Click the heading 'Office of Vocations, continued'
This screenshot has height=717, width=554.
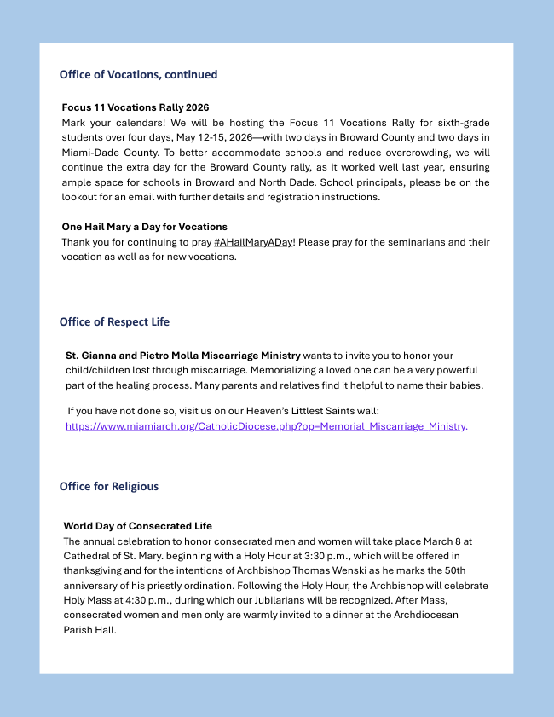coord(138,75)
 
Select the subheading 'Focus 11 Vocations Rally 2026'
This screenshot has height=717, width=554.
coord(136,108)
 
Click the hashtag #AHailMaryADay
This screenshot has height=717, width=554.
coord(253,243)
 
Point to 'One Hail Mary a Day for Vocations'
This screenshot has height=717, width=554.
coord(144,227)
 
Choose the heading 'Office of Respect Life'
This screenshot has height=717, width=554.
coord(114,322)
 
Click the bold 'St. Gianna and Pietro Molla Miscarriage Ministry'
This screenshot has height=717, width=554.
coord(182,356)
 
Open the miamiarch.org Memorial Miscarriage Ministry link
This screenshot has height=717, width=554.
coord(265,426)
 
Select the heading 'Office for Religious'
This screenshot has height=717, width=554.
coord(109,487)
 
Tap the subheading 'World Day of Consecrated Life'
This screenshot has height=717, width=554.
coord(137,526)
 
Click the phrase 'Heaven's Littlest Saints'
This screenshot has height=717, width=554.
coord(326,411)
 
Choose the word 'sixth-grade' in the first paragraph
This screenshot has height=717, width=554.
coord(461,123)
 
